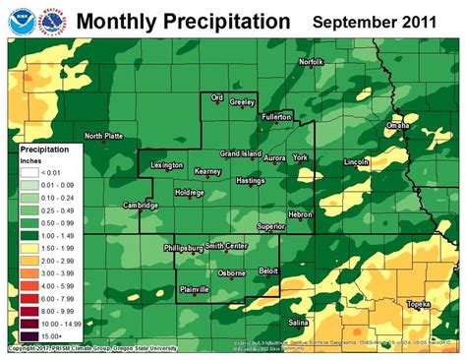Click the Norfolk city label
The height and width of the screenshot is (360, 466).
(x=310, y=63)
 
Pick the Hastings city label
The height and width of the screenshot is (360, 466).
(x=252, y=181)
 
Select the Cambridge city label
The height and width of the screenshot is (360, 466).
(x=140, y=206)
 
